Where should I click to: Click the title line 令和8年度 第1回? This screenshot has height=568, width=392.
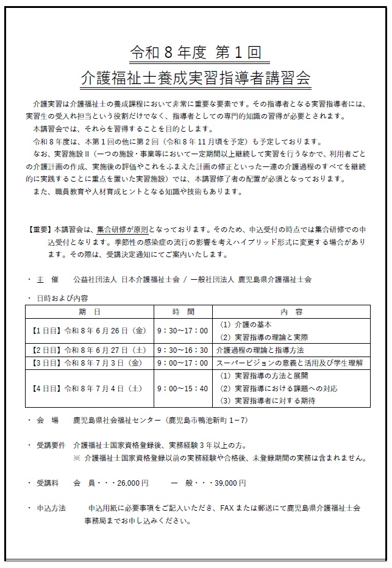(196, 53)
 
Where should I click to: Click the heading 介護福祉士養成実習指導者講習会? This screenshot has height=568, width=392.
(196, 79)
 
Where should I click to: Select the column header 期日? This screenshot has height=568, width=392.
(90, 311)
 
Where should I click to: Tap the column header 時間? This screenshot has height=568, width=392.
(182, 311)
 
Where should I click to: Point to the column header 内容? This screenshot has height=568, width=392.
(287, 311)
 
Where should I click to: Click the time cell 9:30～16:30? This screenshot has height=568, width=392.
(182, 350)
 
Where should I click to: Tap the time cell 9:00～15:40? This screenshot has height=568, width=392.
(182, 388)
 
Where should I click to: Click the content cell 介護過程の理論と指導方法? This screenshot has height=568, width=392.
(260, 350)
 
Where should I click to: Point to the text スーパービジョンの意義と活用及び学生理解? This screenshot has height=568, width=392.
(290, 363)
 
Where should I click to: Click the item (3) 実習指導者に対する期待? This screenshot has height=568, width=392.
(272, 400)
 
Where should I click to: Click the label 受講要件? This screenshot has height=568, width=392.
(51, 445)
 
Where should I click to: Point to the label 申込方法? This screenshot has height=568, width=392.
(51, 508)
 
